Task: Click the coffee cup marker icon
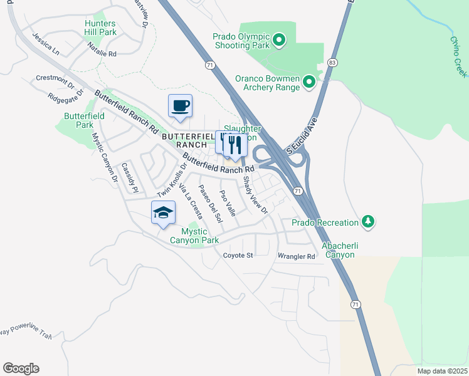180,105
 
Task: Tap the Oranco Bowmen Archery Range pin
308,82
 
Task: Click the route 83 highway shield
332,63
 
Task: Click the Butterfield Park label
79,120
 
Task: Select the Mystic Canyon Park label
194,236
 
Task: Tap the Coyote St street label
238,256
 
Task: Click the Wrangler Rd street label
296,256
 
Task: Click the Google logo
21,368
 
